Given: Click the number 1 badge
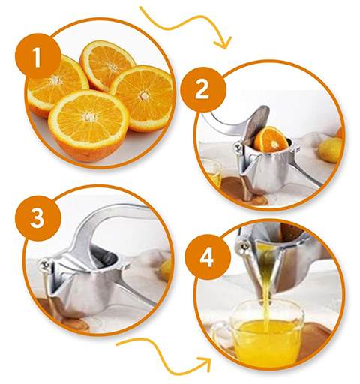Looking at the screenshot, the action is click(38, 57).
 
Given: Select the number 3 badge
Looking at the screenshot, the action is click(38, 218).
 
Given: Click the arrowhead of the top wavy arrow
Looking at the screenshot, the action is click(223, 42).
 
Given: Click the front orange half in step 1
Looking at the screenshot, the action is click(88, 125).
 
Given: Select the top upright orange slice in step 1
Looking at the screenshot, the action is click(106, 64).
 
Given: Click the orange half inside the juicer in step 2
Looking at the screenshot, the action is click(271, 139).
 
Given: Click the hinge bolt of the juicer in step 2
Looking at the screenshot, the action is click(238, 148).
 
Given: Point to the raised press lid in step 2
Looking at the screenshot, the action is click(255, 125).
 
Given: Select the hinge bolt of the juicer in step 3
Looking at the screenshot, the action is click(44, 265).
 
